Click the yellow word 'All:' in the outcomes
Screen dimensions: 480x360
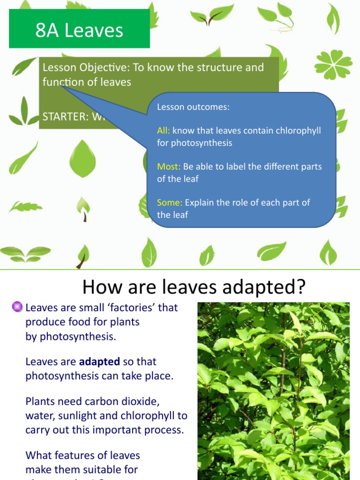[164, 130]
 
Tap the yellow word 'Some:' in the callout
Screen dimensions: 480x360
[170, 202]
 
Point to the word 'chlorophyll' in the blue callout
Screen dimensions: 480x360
[298, 130]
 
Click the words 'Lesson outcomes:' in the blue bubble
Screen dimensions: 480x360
[193, 107]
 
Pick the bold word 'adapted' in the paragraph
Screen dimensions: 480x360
[99, 362]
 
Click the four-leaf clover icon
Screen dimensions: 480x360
[333, 64]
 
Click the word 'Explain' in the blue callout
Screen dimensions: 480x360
[200, 202]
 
